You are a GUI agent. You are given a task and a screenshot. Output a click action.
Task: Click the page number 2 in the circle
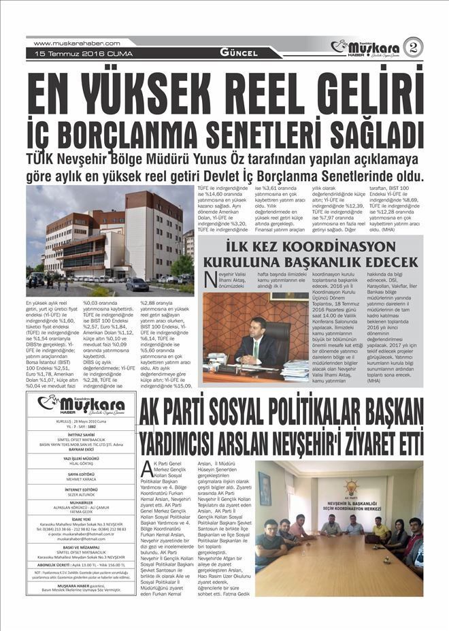pos(413,47)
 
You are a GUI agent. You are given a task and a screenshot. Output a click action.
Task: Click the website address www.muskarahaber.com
pos(76,43)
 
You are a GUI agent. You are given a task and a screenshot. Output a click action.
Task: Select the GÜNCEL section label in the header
pos(239,53)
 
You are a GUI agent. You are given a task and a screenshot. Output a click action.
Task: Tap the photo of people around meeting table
pos(338,518)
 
